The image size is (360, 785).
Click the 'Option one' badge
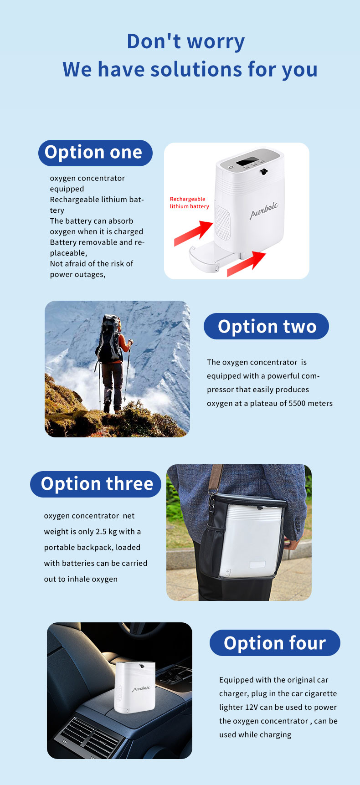click(95, 153)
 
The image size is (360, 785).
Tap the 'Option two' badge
click(266, 326)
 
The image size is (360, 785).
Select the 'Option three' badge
click(96, 484)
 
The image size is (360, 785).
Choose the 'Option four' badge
click(275, 643)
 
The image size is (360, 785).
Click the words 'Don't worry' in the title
click(186, 41)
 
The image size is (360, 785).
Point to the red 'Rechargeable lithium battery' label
click(190, 203)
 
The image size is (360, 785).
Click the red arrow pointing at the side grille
click(194, 233)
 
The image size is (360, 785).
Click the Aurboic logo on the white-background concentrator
click(264, 210)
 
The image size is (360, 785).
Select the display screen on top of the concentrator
click(248, 161)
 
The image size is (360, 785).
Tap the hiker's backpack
click(109, 339)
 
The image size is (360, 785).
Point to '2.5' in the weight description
click(101, 532)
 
